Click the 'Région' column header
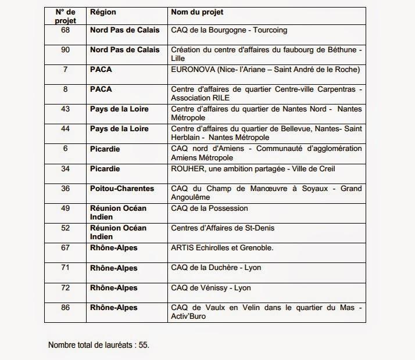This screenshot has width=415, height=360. [103, 12]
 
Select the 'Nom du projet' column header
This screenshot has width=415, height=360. [197, 12]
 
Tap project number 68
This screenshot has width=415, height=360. [66, 30]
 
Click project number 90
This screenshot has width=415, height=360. [66, 50]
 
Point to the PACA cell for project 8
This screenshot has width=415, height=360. [101, 89]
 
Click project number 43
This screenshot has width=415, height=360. [66, 109]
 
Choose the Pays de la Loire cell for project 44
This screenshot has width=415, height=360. [119, 129]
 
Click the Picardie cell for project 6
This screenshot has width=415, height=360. [105, 149]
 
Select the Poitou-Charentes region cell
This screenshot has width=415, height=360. [122, 189]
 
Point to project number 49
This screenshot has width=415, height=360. [66, 208]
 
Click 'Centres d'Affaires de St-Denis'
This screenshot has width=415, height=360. [223, 228]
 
